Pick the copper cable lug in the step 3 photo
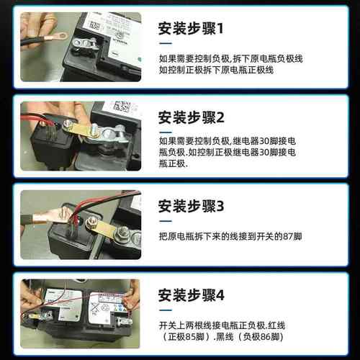[x=54, y=215]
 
